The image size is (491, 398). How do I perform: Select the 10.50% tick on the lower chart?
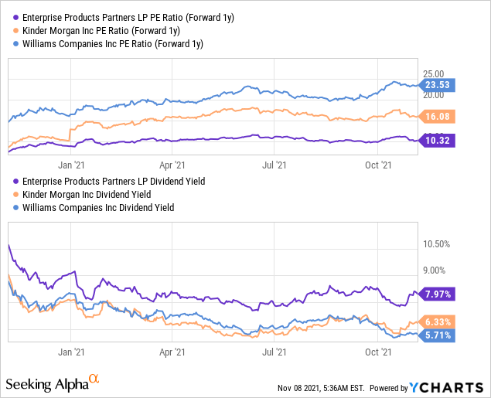coord(437,244)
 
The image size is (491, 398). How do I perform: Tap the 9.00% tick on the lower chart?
coord(435,270)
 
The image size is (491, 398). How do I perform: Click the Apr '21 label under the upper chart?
coord(172,164)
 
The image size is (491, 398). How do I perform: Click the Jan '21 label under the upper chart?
coord(71,164)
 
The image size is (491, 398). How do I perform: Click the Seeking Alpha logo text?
coord(47,384)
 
